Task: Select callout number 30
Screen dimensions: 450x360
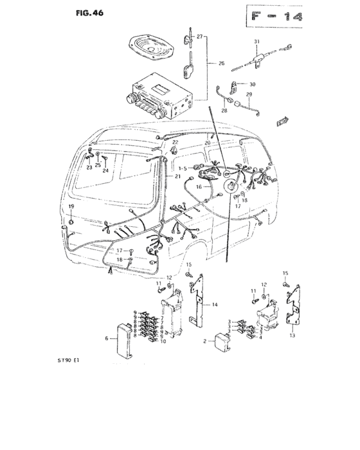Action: coord(252,85)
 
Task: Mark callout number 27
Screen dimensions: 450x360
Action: coord(199,37)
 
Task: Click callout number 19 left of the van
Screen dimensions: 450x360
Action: coord(71,206)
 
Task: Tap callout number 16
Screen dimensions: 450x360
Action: coord(199,187)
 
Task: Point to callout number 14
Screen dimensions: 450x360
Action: coord(215,304)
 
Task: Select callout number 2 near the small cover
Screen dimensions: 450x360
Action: coord(204,341)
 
